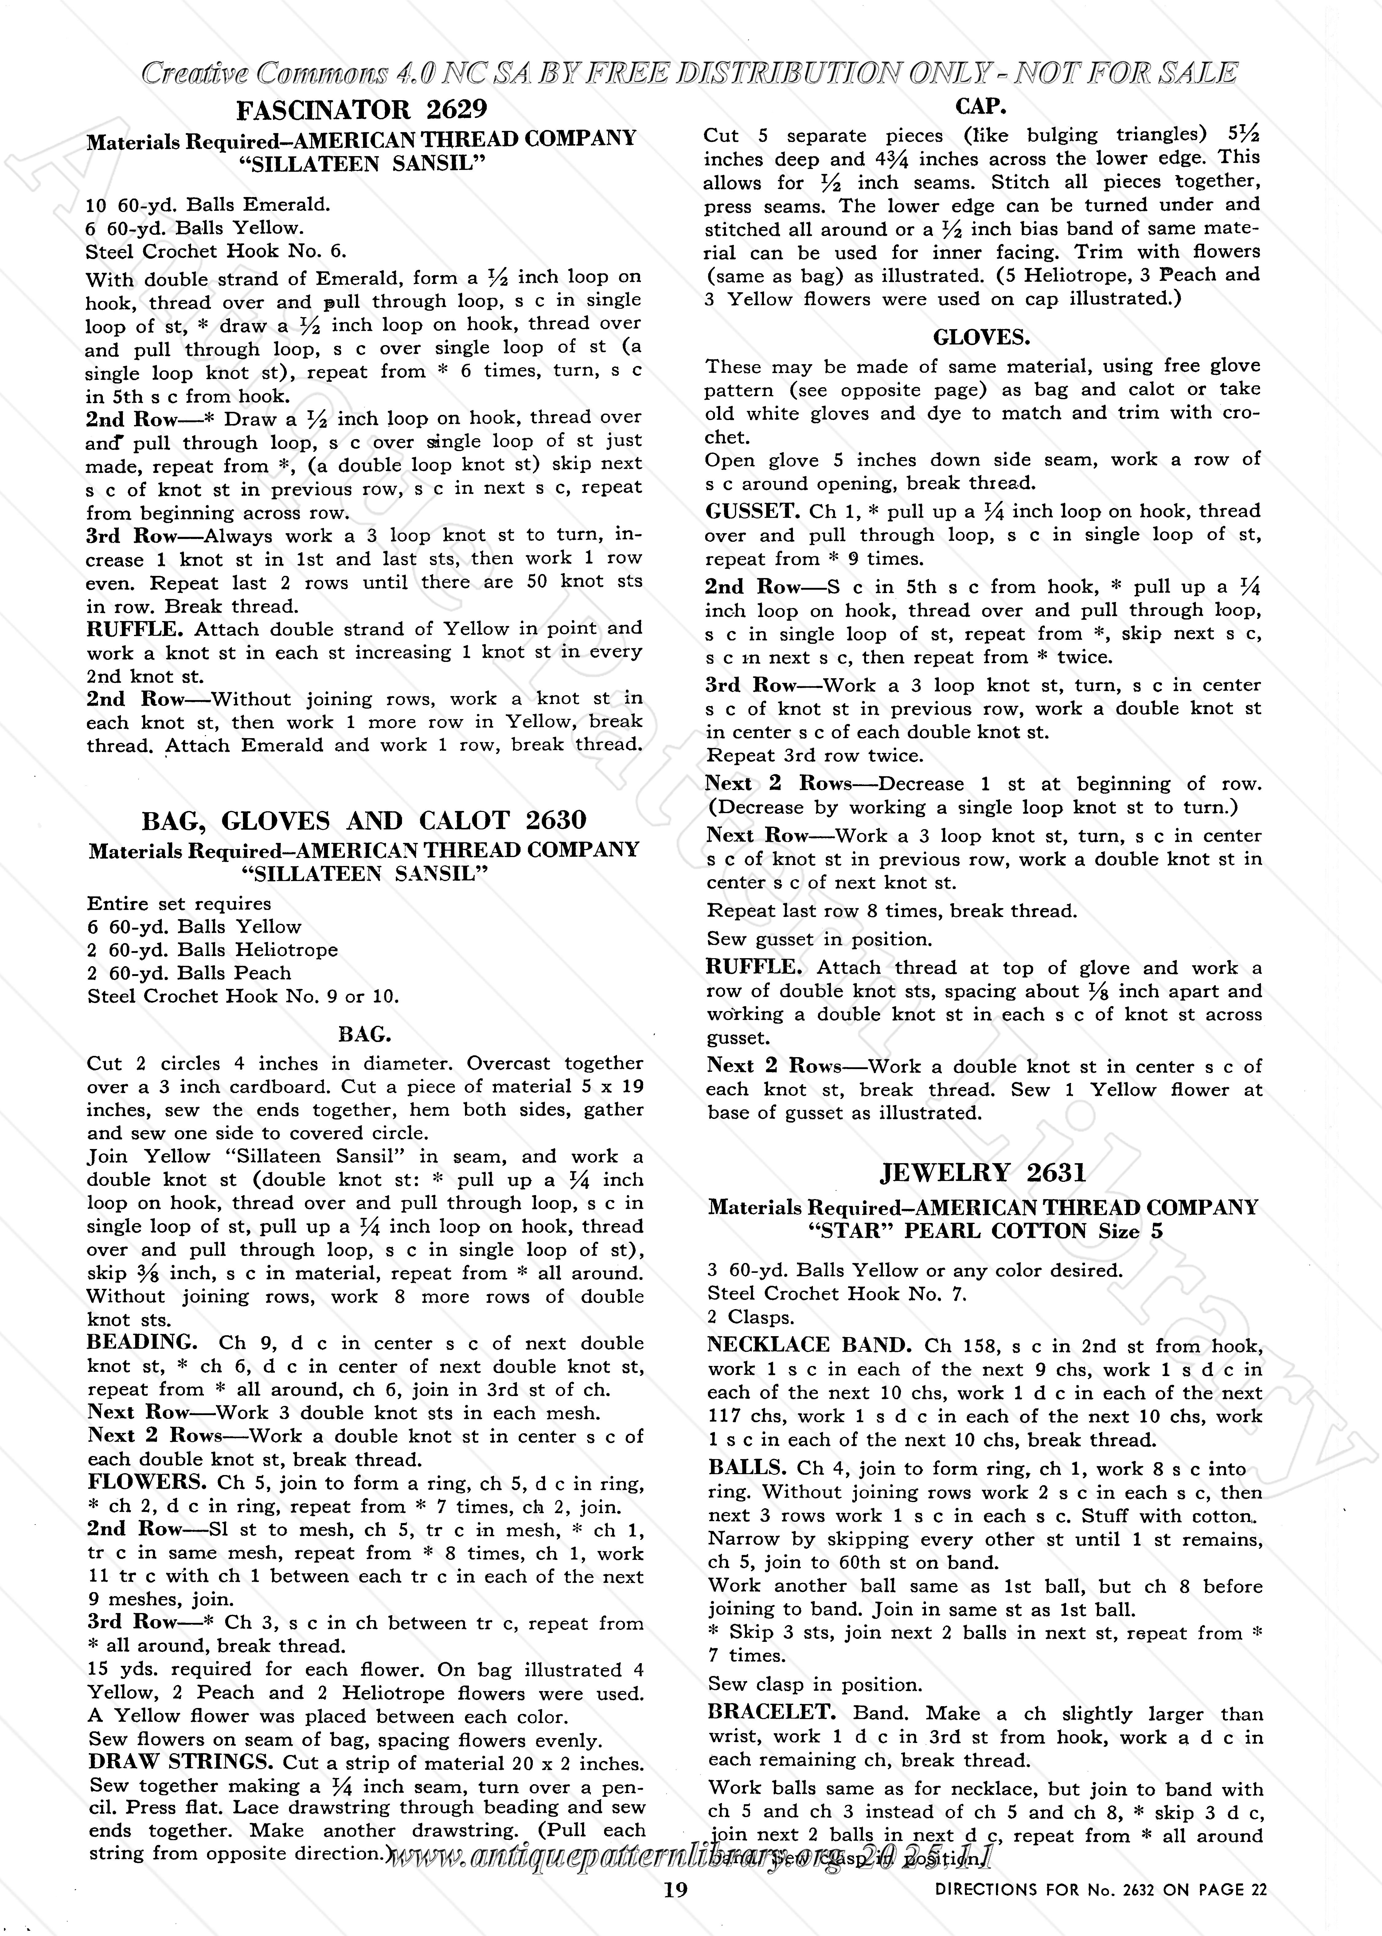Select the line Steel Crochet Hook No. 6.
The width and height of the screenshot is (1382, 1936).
click(x=216, y=251)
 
